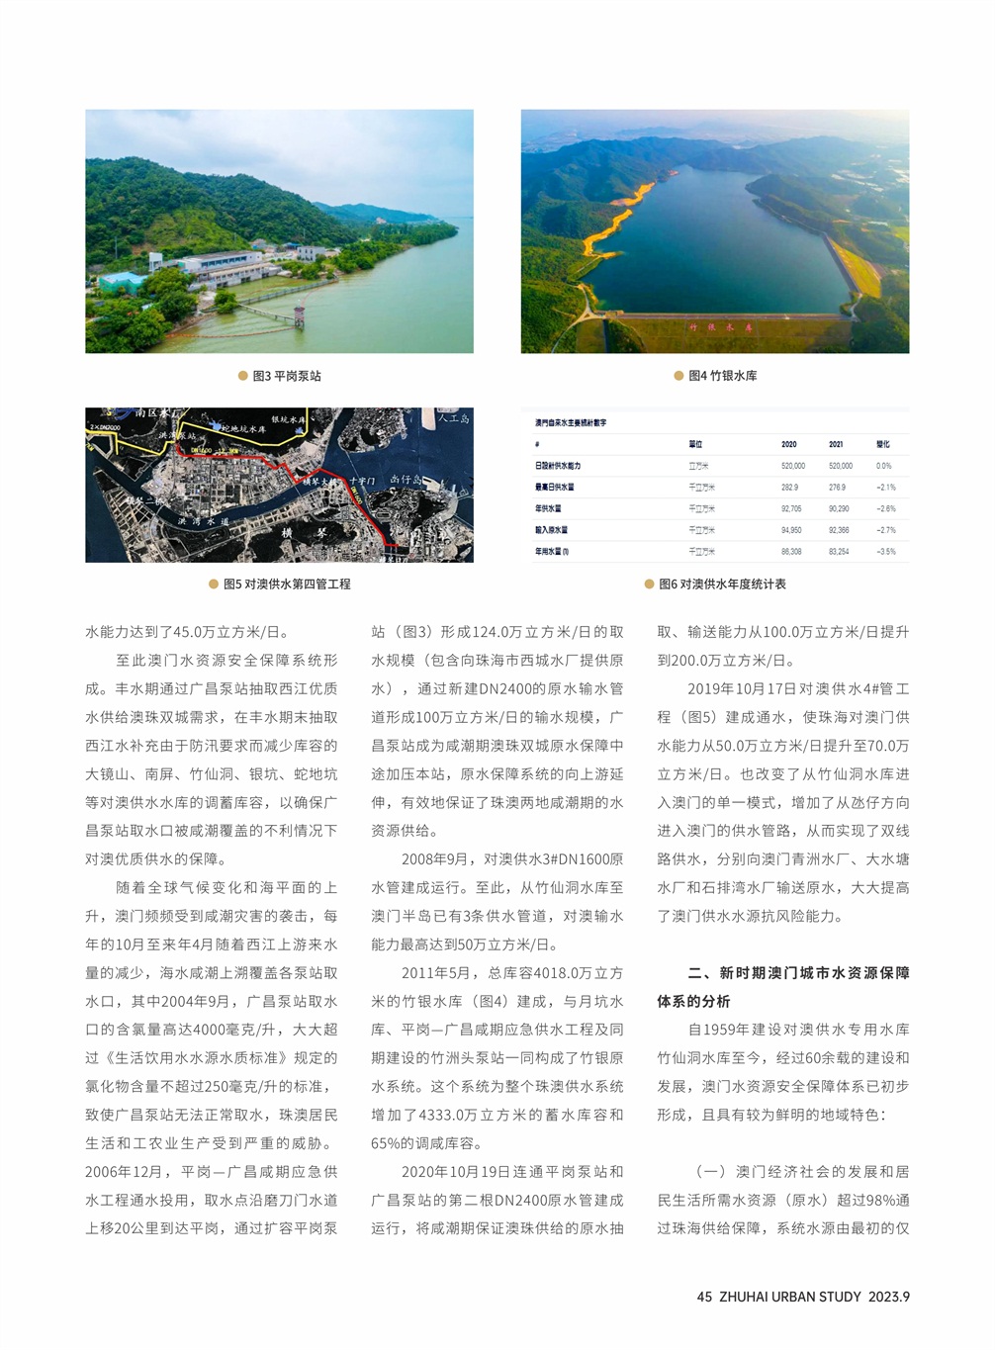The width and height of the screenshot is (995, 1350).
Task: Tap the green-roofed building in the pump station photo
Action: pyautogui.click(x=121, y=280)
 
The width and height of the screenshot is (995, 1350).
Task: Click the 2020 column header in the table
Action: pyautogui.click(x=788, y=444)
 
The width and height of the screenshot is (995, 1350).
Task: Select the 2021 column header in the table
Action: pyautogui.click(x=836, y=444)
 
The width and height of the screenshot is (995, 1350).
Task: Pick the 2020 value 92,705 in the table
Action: pyautogui.click(x=791, y=508)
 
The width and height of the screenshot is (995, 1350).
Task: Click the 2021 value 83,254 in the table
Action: pyautogui.click(x=839, y=552)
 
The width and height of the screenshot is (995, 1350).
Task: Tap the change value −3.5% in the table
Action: pyautogui.click(x=885, y=552)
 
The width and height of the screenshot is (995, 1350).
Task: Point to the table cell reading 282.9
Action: pyautogui.click(x=789, y=487)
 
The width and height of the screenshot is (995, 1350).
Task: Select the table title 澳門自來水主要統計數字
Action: pyautogui.click(x=571, y=423)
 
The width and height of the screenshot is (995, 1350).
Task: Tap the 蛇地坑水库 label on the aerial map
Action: pyautogui.click(x=243, y=429)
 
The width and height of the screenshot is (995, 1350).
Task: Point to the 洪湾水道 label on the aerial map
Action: pyautogui.click(x=203, y=521)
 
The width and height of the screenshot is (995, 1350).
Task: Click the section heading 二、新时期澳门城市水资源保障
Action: pyautogui.click(x=798, y=973)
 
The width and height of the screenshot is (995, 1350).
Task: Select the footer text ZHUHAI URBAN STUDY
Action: pyautogui.click(x=790, y=1297)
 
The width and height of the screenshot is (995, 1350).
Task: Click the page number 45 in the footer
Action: pyautogui.click(x=704, y=1297)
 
